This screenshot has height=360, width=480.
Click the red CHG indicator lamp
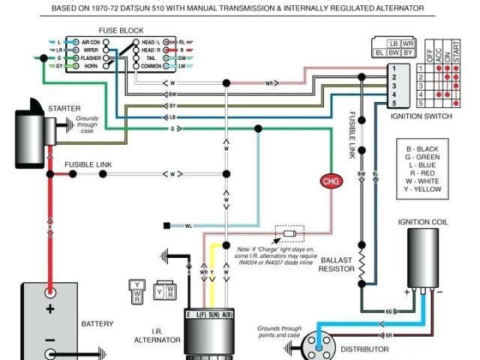click(x=330, y=181)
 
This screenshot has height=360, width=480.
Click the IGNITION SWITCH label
click(x=421, y=116)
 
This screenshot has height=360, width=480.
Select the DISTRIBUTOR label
click(x=364, y=349)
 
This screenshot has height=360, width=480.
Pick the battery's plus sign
click(x=50, y=309)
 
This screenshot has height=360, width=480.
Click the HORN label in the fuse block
click(x=91, y=66)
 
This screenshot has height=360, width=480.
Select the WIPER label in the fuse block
click(x=91, y=49)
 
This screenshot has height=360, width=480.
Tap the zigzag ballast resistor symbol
click(x=361, y=264)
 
